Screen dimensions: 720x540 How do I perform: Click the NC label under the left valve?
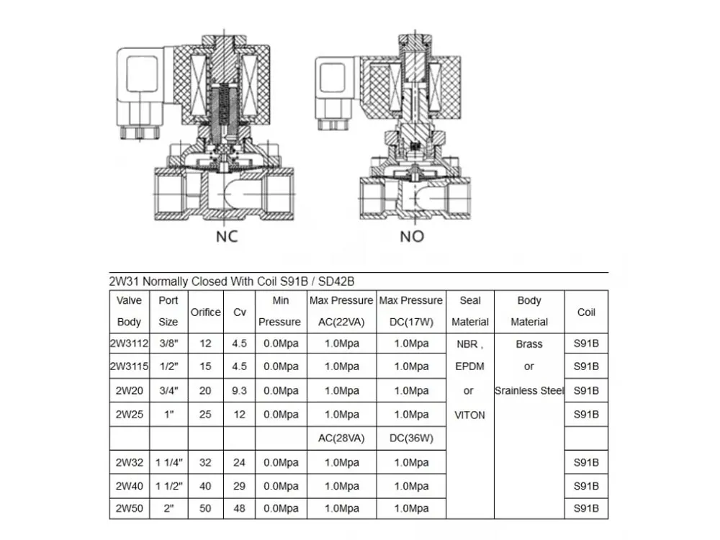click(x=227, y=236)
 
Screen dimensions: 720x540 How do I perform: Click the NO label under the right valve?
click(x=412, y=236)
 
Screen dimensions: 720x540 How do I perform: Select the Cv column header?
click(x=239, y=312)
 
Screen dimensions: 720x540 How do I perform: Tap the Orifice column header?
click(x=206, y=312)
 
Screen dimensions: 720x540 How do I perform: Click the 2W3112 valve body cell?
click(x=130, y=343)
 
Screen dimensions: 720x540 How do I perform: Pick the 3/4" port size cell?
click(x=168, y=391)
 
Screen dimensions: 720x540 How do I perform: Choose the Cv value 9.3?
click(x=239, y=391)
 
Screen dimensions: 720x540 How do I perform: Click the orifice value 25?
click(x=205, y=415)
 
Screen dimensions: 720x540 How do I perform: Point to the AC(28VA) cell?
click(x=341, y=438)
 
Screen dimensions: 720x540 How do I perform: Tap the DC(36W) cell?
click(x=411, y=438)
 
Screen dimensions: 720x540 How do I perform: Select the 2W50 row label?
click(x=130, y=508)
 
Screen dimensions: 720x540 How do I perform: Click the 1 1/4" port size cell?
click(x=168, y=462)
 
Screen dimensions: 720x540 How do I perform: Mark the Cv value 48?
click(x=239, y=508)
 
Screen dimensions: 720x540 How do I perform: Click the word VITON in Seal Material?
click(x=469, y=415)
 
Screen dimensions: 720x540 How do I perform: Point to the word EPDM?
click(x=469, y=366)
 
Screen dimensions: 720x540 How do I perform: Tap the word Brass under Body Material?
click(x=529, y=344)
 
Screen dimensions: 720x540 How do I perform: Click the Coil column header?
click(x=586, y=312)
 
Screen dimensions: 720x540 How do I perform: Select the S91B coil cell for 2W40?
click(x=586, y=486)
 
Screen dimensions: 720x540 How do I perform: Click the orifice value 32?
click(x=205, y=462)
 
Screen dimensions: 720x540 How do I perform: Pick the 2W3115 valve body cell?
click(x=130, y=366)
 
